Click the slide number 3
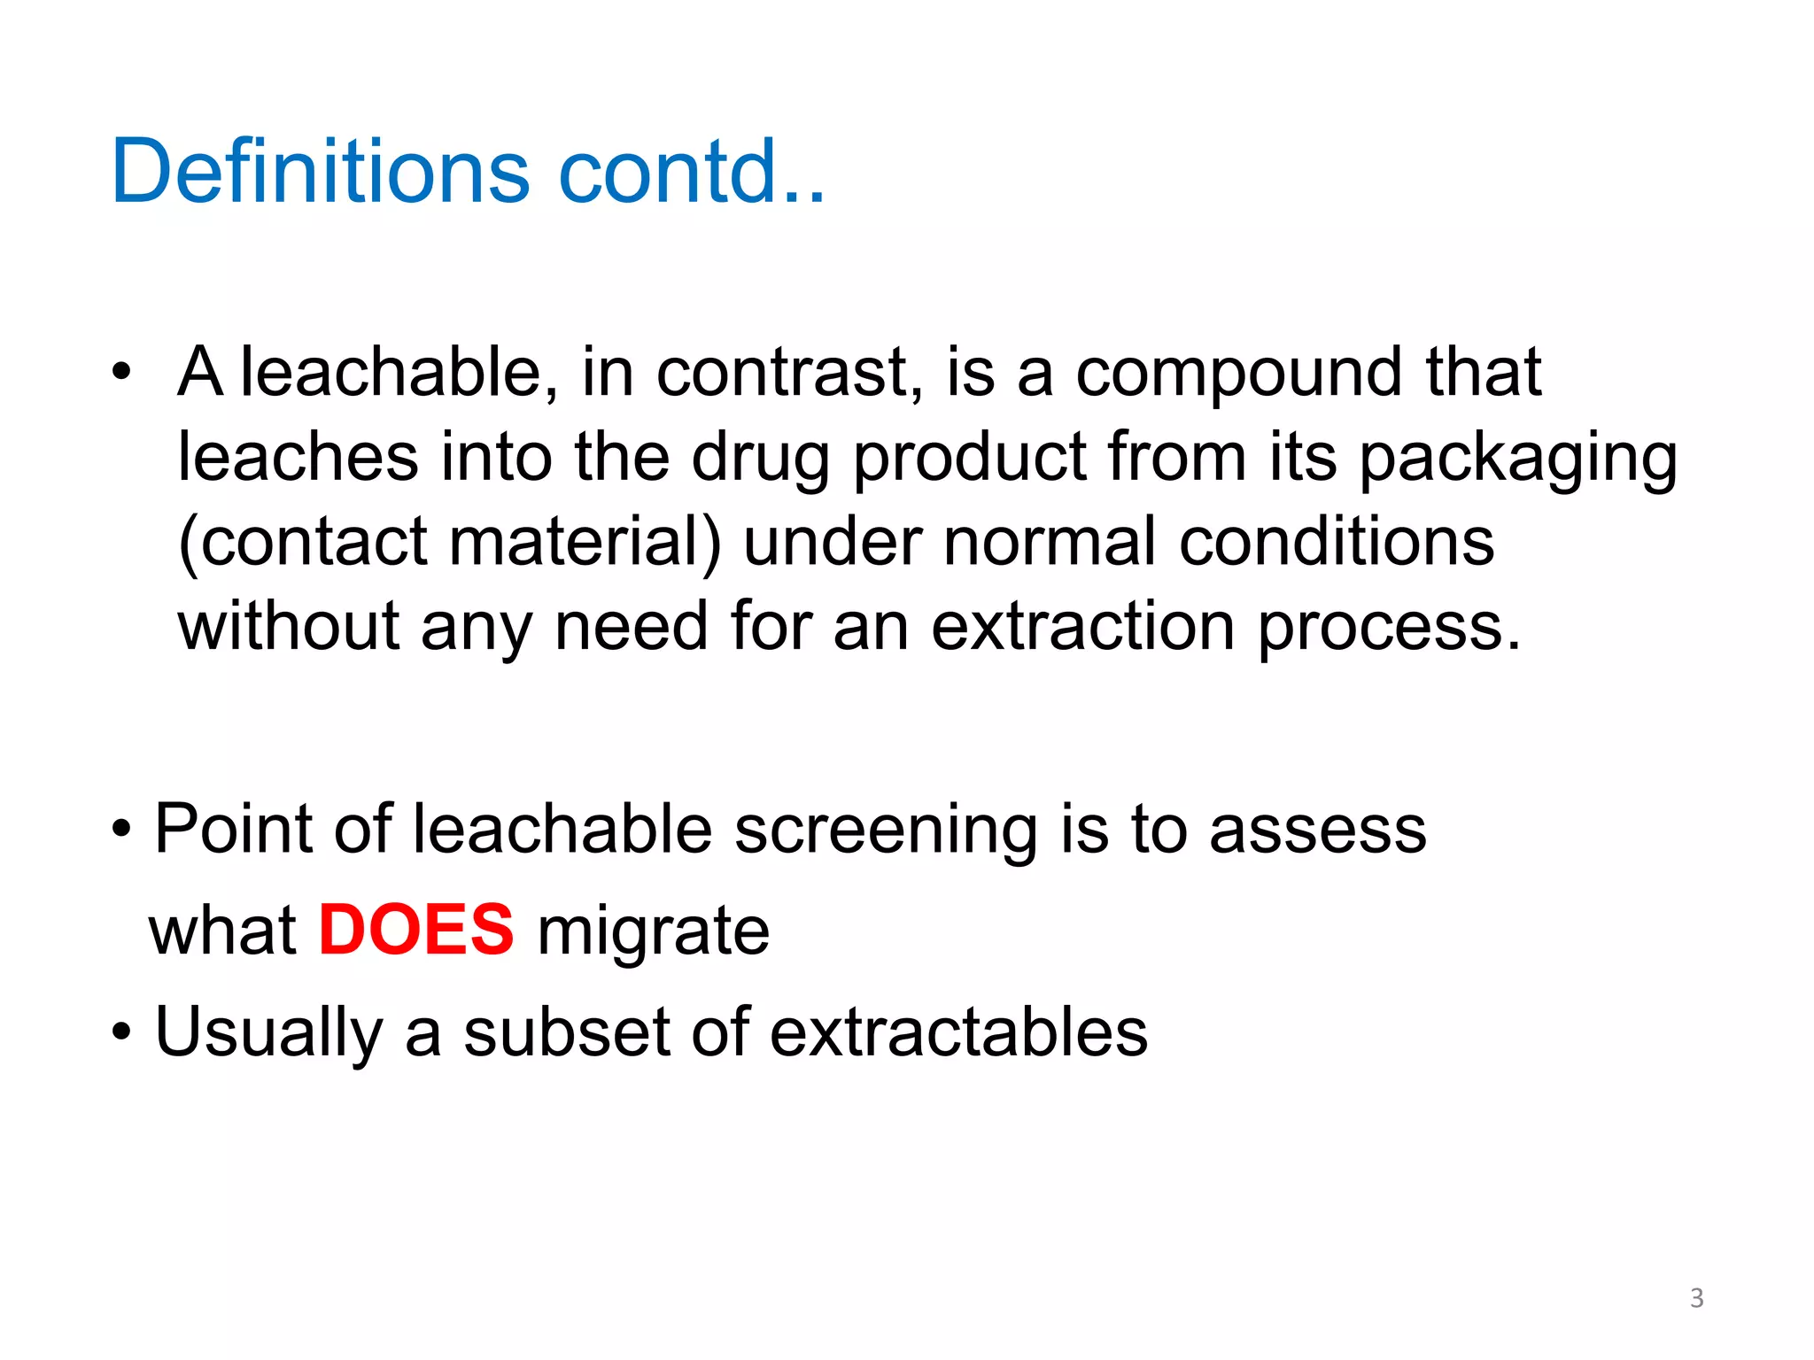tap(1696, 1298)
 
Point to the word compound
tap(1239, 375)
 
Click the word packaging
tap(1518, 460)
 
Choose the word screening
tap(886, 831)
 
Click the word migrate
tap(653, 931)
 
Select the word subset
tap(566, 1032)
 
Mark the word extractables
tap(958, 1032)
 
